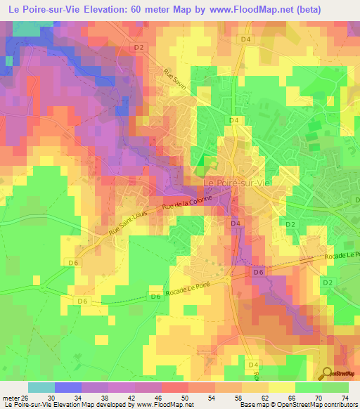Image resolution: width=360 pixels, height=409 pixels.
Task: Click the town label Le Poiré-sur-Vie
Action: pos(236,183)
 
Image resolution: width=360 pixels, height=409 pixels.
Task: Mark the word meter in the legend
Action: pos(10,396)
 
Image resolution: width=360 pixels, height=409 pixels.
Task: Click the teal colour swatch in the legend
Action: pos(41,387)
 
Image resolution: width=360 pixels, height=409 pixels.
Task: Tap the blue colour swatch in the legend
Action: pos(67,387)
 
